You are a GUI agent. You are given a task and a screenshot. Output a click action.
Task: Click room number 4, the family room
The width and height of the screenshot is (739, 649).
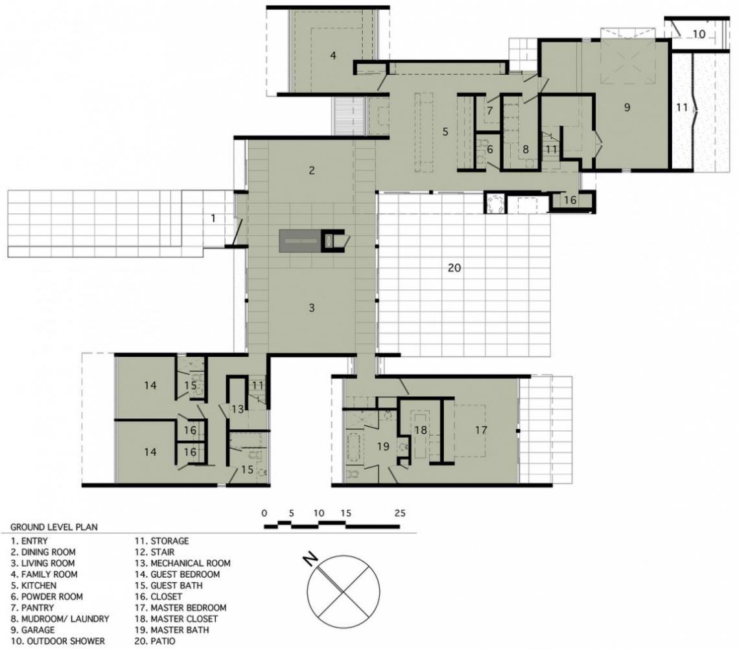333,56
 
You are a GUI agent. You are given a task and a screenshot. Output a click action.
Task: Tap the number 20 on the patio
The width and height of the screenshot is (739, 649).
454,268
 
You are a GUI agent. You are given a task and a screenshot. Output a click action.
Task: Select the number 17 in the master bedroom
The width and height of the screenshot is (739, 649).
481,430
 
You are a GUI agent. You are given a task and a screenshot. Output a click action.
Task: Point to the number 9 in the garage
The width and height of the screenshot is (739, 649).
627,107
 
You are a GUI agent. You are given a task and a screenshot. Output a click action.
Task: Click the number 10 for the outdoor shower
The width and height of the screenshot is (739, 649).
699,34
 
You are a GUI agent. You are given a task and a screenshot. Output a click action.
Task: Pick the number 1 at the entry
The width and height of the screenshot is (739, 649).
213,218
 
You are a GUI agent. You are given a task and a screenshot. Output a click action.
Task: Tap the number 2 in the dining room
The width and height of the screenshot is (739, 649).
312,170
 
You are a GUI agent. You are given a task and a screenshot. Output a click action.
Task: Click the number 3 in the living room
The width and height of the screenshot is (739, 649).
312,308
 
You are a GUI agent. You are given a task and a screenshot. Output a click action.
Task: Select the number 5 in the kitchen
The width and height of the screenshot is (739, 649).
445,132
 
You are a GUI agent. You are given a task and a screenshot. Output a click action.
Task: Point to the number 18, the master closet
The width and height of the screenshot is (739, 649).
421,430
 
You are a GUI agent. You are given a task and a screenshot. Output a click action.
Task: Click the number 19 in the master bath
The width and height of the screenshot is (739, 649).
383,446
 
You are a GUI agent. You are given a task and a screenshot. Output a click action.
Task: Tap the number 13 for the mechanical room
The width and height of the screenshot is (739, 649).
237,409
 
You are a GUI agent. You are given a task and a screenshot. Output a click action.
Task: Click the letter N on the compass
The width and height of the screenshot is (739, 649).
310,560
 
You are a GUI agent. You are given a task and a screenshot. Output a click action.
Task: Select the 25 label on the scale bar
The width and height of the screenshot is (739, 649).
400,513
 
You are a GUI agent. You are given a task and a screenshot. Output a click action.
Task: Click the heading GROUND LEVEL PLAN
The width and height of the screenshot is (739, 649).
54,527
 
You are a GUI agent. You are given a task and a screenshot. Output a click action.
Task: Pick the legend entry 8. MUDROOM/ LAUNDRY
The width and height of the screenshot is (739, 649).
60,619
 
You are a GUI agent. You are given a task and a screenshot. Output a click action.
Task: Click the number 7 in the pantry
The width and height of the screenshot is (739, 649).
489,111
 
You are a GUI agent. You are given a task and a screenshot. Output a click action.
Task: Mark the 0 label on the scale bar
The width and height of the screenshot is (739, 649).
264,513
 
